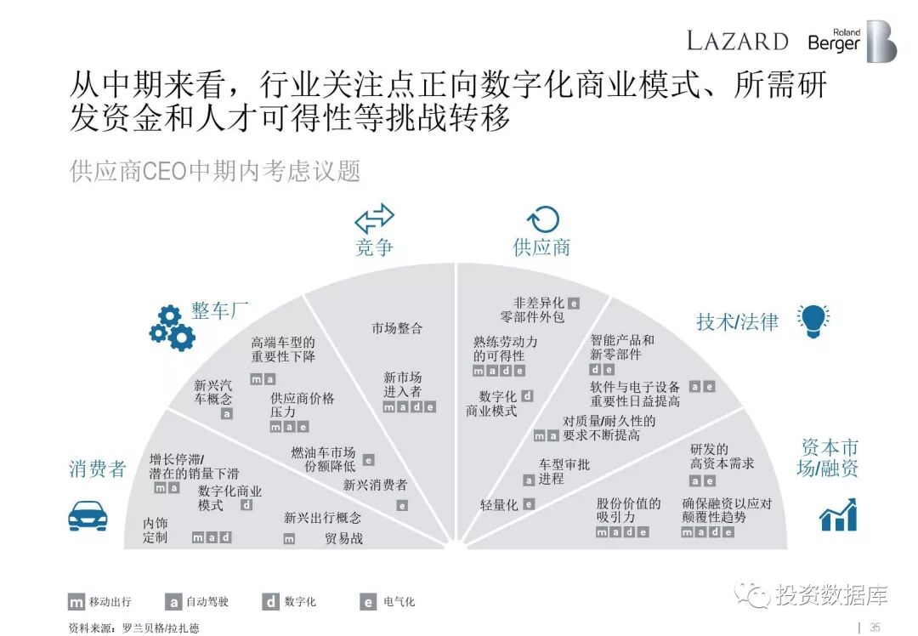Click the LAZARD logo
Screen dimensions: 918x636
pos(737,40)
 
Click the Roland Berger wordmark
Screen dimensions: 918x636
pos(834,41)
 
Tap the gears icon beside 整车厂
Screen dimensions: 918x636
pos(172,328)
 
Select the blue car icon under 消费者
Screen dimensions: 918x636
pos(88,514)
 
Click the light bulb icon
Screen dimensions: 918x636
pos(813,320)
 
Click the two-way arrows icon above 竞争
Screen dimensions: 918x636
pos(374,219)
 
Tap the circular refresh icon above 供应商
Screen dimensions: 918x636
pos(542,219)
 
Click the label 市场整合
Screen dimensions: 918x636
pos(397,328)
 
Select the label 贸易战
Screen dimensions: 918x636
pos(344,538)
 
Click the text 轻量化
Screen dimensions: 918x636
pos(499,505)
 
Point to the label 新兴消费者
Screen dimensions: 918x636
pos(375,486)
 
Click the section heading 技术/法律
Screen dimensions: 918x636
pos(737,321)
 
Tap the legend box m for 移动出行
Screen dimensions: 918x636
pos(76,602)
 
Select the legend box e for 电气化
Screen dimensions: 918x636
pos(368,602)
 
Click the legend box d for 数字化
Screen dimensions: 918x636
pos(270,602)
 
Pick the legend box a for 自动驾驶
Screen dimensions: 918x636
pos(173,602)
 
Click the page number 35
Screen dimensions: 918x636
pos(875,627)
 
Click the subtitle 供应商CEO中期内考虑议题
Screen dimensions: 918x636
pos(215,170)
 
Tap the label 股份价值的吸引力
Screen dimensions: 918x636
pos(628,509)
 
